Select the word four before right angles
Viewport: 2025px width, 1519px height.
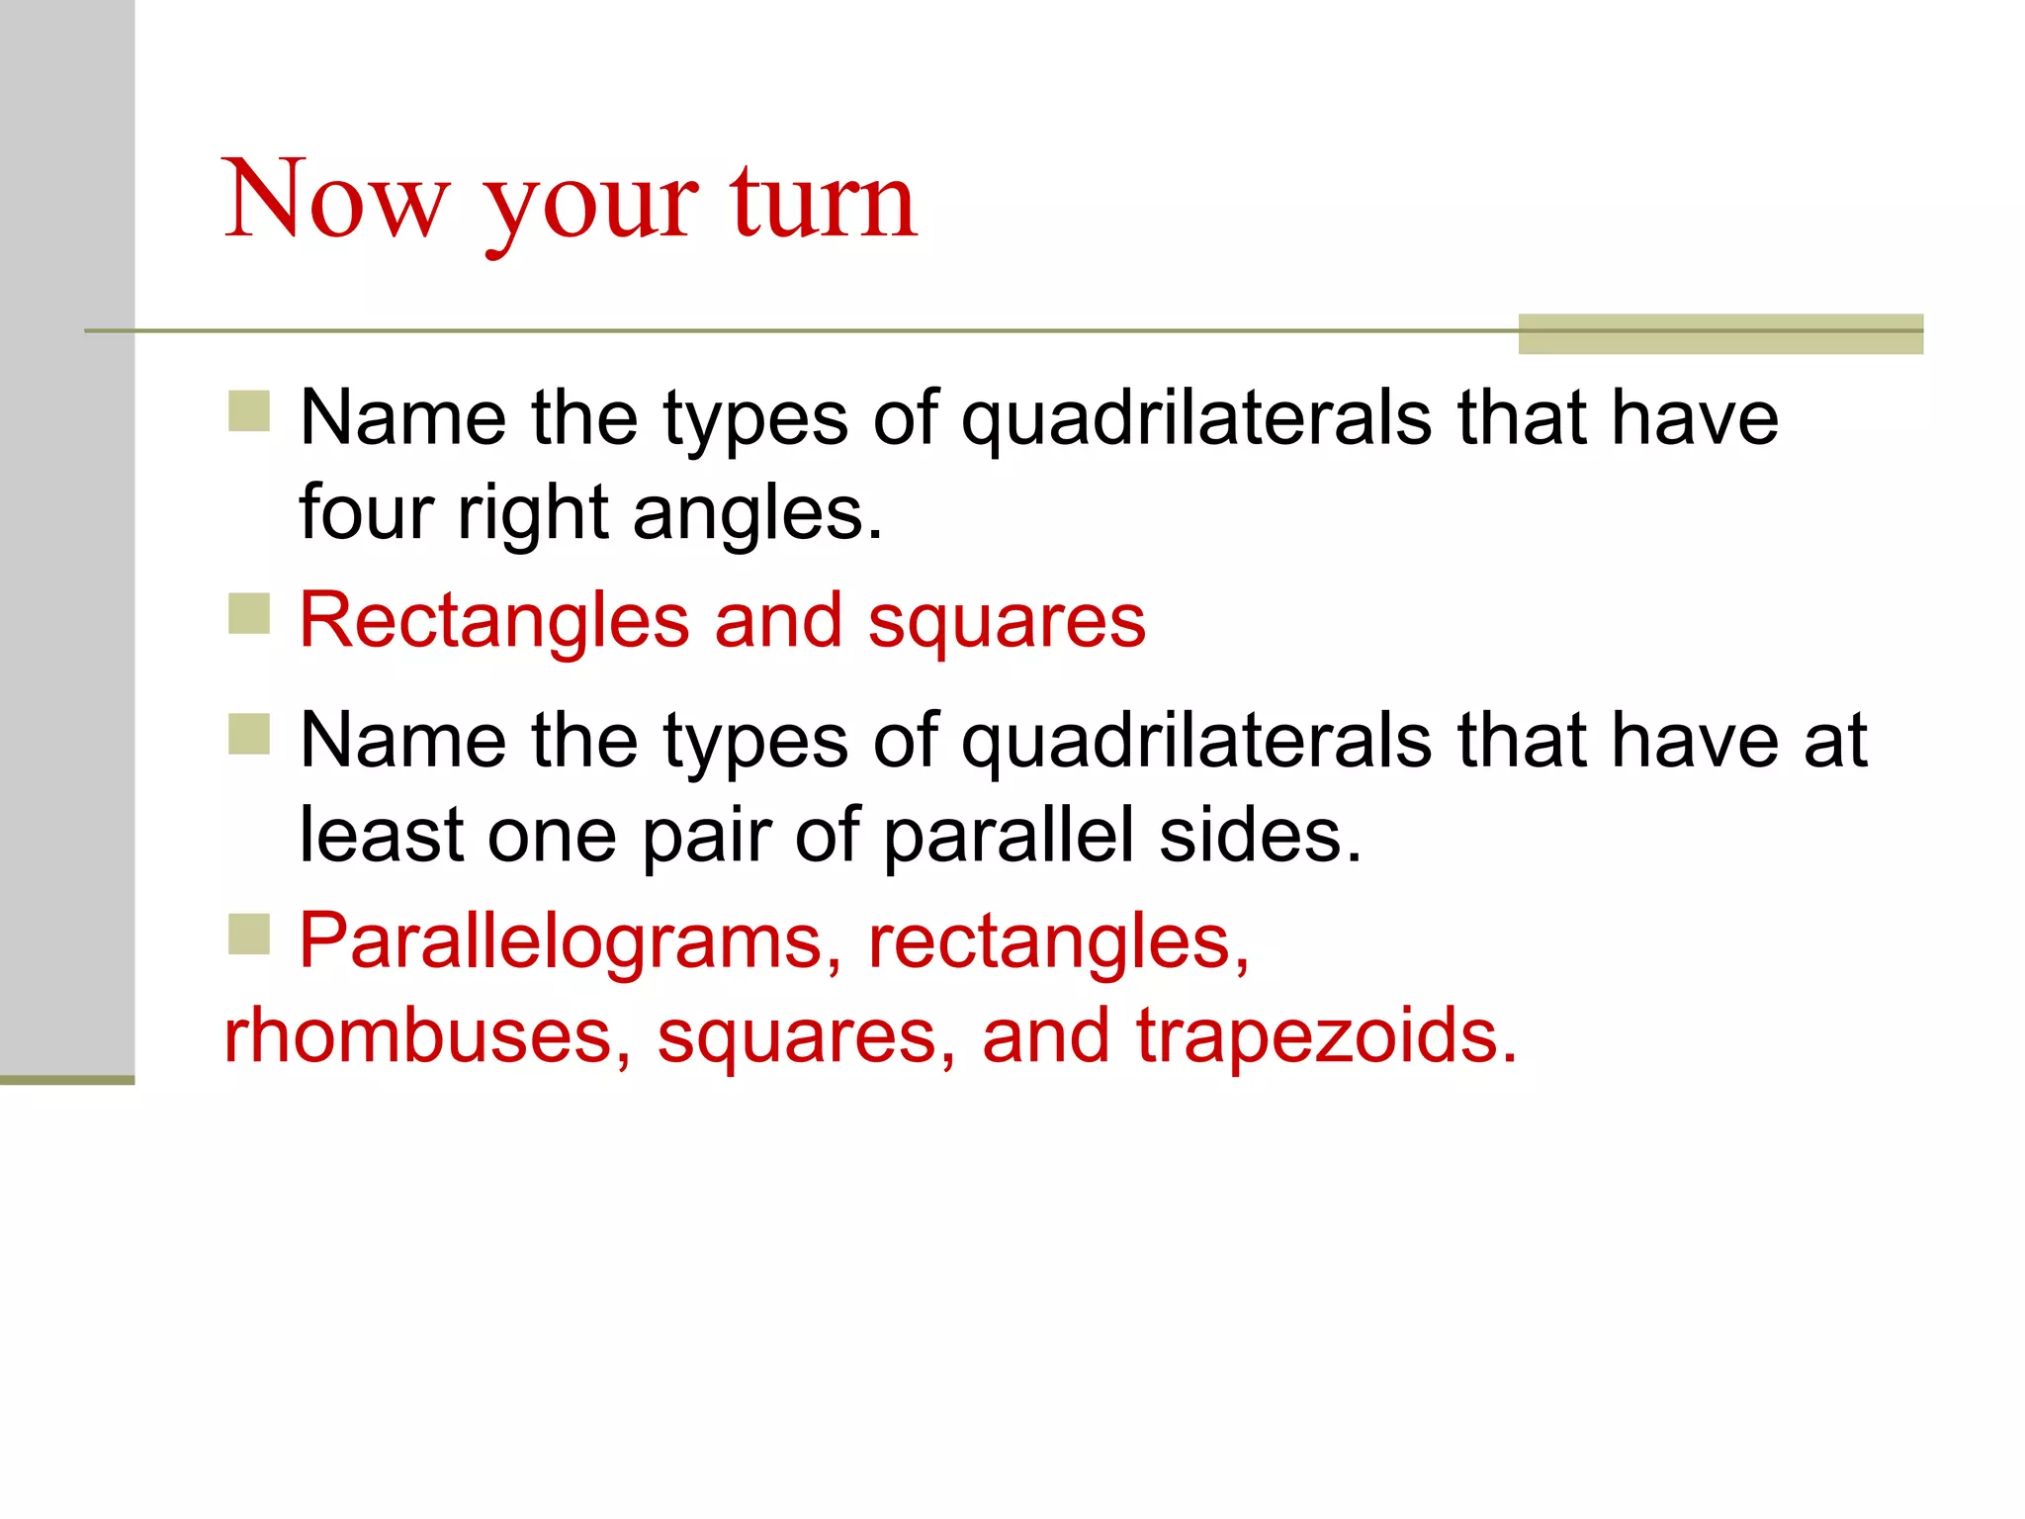[x=366, y=513]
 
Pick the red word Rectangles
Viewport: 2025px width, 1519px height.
[x=493, y=621]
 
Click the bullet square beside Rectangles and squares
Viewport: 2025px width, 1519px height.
[x=249, y=613]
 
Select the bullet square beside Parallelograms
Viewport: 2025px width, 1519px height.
[x=249, y=934]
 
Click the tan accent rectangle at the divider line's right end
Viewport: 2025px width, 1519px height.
[x=1719, y=333]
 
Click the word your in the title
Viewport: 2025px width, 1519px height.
[x=590, y=203]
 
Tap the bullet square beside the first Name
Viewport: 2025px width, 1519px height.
[x=249, y=411]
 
